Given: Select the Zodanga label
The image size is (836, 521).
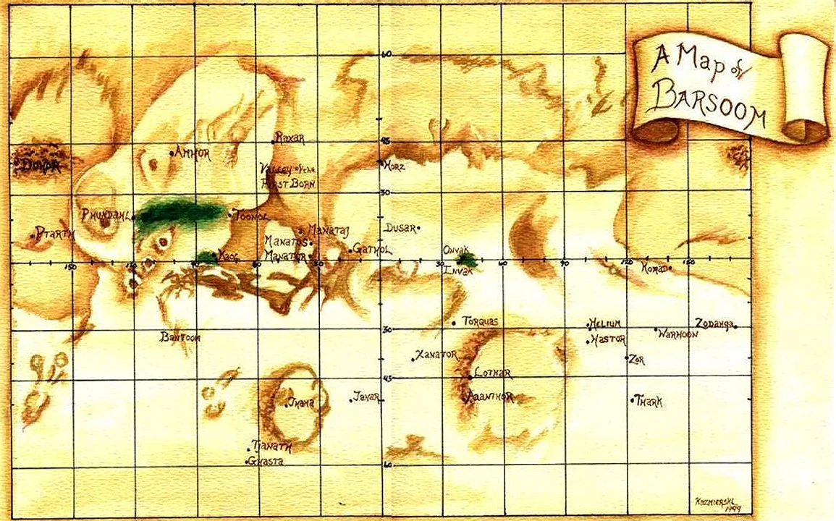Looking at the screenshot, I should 714,323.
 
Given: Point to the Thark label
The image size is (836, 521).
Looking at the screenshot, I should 649,401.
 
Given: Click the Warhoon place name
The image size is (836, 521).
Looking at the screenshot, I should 677,334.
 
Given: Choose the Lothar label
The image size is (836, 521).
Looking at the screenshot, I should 493,373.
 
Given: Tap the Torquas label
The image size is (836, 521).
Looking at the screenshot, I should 480,321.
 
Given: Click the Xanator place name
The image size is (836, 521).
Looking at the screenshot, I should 437,355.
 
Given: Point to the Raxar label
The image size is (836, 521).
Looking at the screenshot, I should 290,137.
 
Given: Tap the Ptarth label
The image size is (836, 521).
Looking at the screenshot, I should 55,233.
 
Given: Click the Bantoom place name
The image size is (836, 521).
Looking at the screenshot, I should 180,337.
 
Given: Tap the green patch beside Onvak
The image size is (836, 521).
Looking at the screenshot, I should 468,259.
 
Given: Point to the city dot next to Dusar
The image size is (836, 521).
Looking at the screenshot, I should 419,229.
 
